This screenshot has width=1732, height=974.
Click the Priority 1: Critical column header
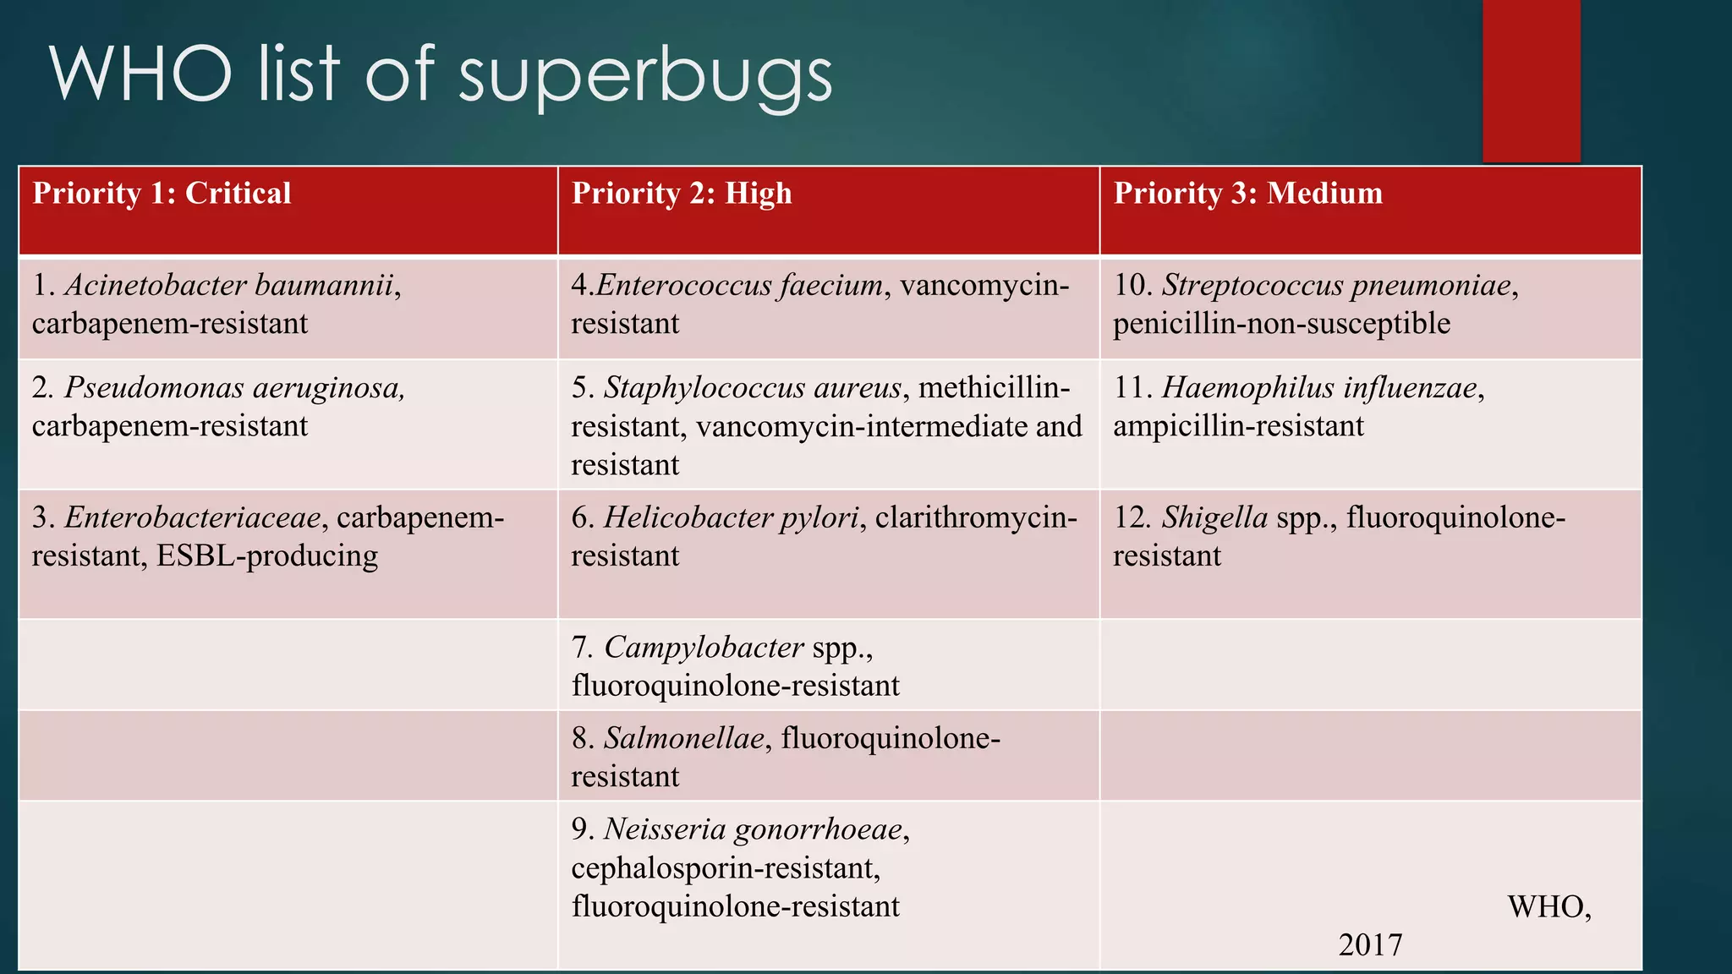[x=162, y=194]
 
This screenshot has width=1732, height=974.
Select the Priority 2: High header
[x=682, y=194]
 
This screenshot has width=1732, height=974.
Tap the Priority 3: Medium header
[x=1247, y=194]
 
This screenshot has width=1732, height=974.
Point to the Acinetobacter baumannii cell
[x=229, y=286]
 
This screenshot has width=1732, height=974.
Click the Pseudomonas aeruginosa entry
[x=234, y=388]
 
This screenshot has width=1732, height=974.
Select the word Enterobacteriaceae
[x=193, y=517]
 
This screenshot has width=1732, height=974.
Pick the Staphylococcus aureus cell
[x=753, y=388]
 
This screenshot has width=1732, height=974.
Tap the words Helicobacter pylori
[x=731, y=517]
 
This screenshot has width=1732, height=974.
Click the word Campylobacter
[x=704, y=648]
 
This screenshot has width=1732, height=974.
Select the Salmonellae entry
[x=683, y=739]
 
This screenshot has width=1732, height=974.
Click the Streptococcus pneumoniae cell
[x=1336, y=286]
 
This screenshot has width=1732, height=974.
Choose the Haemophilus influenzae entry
[x=1319, y=388]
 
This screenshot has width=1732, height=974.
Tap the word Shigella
[x=1214, y=517]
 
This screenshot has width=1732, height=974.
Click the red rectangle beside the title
[x=1531, y=80]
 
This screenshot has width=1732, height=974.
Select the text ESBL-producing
[x=267, y=556]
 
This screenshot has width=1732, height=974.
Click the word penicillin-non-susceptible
[x=1281, y=324]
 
